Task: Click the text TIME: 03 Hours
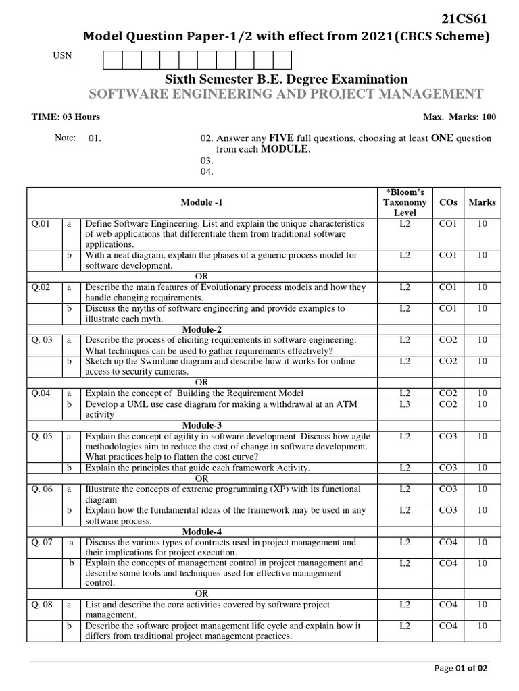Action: click(x=66, y=117)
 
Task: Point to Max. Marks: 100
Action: click(x=460, y=117)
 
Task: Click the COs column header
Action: click(x=448, y=202)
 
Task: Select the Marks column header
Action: click(x=482, y=202)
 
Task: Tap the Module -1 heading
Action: click(x=201, y=202)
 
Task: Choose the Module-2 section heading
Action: click(x=201, y=329)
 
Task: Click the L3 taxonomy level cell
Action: click(x=404, y=404)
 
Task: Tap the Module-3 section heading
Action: click(x=201, y=425)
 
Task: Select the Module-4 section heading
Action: click(x=201, y=532)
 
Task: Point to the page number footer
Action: click(x=460, y=669)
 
